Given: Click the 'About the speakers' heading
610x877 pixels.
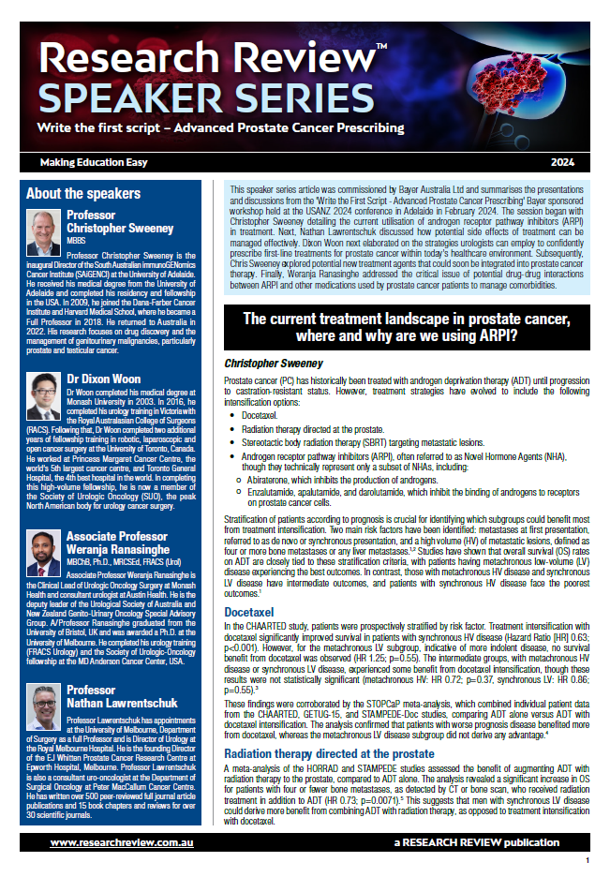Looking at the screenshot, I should click(x=83, y=194).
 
